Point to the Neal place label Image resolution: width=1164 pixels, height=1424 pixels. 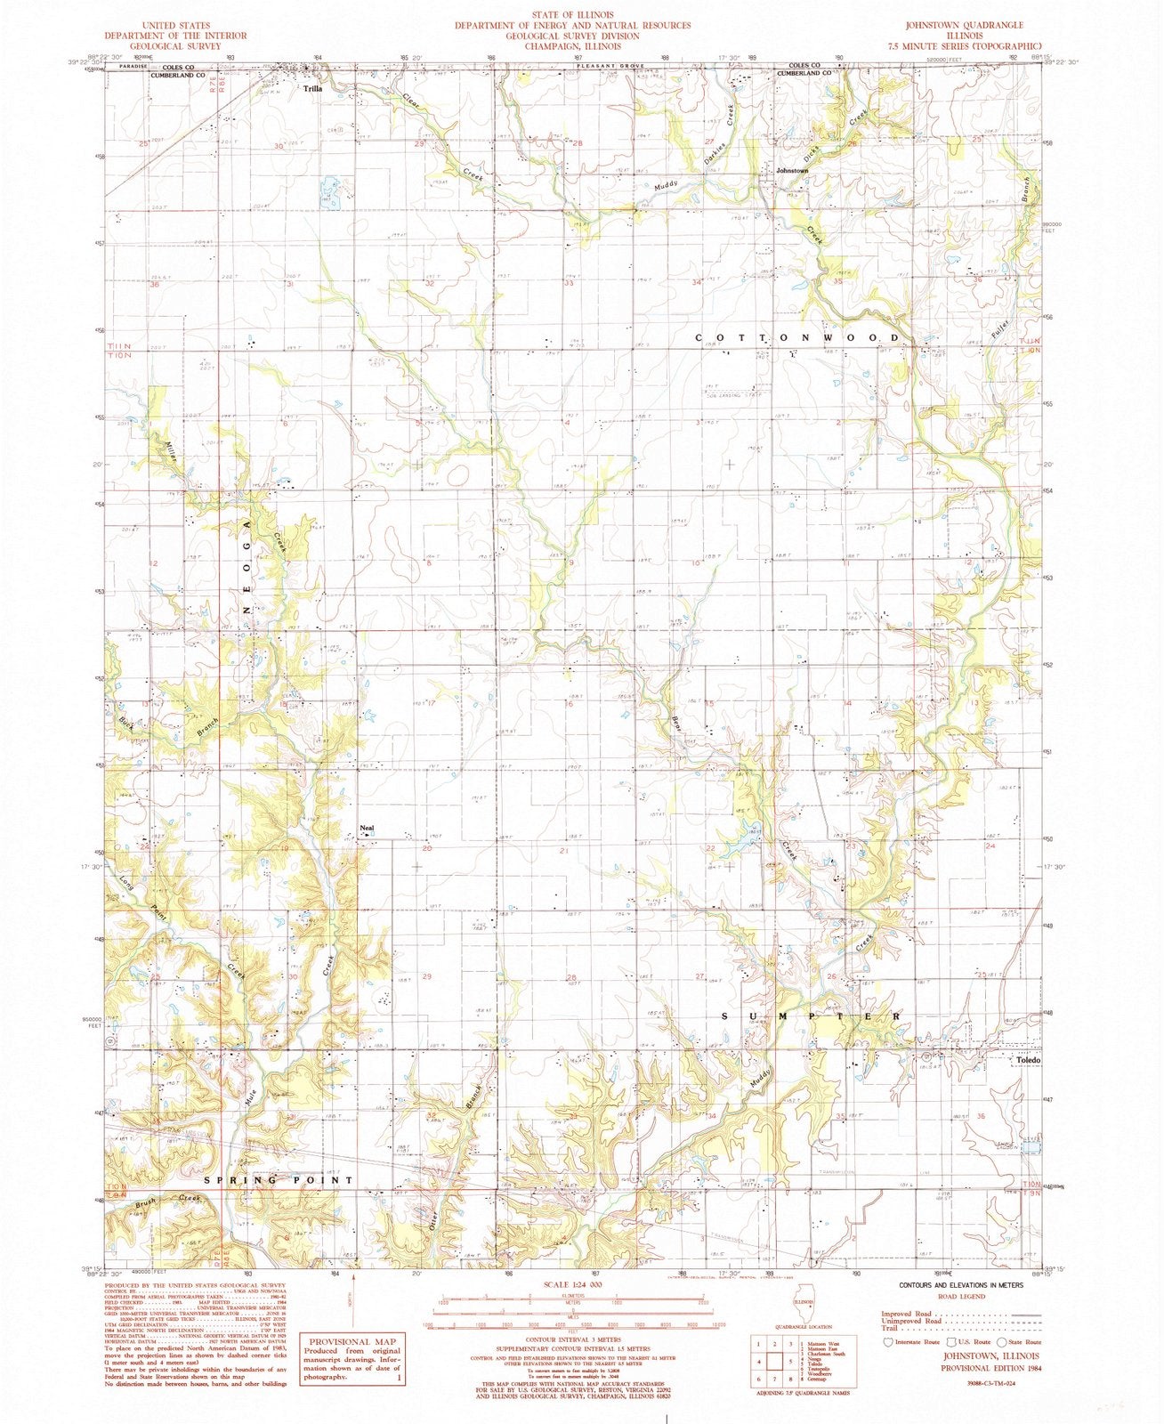[x=366, y=828]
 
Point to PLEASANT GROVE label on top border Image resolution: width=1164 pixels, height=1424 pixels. [x=605, y=66]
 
